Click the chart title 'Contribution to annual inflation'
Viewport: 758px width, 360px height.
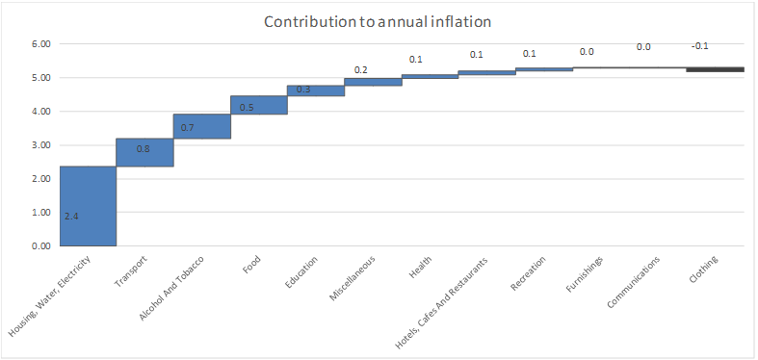377,22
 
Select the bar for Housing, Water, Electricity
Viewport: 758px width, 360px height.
88,206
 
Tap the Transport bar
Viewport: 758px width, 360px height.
144,152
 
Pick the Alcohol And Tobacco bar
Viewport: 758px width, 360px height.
202,126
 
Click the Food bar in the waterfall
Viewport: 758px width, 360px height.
259,105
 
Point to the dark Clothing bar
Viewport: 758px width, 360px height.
715,69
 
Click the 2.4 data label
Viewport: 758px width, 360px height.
71,217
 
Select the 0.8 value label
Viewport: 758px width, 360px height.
143,149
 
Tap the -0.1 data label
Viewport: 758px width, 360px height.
699,46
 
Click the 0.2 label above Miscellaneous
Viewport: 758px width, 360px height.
360,70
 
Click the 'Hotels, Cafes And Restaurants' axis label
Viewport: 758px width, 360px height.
442,302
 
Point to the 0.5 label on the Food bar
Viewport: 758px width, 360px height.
247,107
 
